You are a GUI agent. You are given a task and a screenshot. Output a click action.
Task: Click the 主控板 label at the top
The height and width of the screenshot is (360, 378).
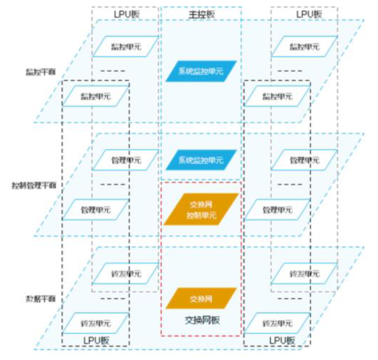(201, 13)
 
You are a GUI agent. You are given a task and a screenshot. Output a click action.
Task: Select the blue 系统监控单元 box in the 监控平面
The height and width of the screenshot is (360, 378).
(200, 71)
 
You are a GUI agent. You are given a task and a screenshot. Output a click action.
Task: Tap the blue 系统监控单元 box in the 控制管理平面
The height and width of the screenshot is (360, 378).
(200, 160)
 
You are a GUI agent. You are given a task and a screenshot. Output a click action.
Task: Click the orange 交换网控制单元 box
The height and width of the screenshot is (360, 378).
(201, 209)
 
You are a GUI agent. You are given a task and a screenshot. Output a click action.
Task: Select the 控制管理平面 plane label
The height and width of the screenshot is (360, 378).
(34, 185)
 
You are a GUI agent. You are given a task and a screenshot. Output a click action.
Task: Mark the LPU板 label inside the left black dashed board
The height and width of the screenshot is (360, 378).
(95, 340)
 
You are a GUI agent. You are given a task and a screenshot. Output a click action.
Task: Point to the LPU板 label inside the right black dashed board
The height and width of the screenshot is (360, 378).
(277, 340)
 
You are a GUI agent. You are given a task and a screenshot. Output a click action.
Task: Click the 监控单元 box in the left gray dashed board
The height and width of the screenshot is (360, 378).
(125, 46)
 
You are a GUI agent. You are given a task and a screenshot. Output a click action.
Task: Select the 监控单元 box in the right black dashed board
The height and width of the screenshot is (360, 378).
(277, 95)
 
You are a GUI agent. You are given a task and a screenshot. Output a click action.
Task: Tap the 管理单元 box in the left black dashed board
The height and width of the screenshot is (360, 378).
(95, 210)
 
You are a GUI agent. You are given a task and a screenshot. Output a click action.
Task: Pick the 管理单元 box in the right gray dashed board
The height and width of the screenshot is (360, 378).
(304, 160)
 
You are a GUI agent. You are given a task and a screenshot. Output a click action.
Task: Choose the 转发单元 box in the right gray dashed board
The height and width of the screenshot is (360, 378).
(304, 274)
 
